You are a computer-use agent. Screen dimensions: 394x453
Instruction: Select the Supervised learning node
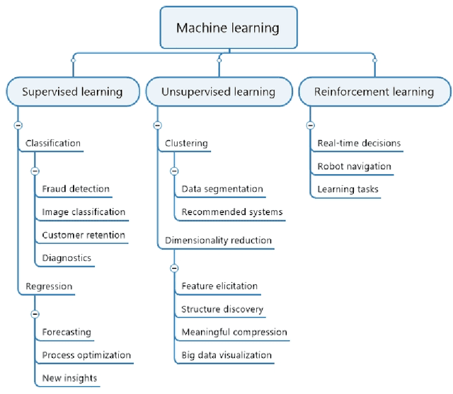(x=72, y=92)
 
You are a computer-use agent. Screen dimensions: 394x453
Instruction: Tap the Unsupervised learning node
(x=218, y=92)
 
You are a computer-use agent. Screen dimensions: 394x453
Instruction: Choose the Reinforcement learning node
(x=374, y=92)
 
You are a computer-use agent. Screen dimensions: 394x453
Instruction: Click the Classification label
(x=53, y=143)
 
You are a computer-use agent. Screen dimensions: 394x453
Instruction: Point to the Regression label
(x=49, y=286)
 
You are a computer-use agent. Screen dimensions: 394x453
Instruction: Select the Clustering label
(x=186, y=143)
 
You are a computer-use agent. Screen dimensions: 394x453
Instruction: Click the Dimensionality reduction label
(x=218, y=241)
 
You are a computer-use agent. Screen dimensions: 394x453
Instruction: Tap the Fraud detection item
(x=76, y=189)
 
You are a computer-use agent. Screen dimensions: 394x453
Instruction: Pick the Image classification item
(x=84, y=212)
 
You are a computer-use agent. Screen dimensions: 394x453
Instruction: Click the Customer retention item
(x=84, y=235)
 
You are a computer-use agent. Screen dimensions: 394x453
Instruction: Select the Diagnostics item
(x=67, y=258)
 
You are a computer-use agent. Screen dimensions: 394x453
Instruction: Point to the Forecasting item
(x=67, y=332)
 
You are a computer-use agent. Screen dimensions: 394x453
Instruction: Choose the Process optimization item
(x=86, y=355)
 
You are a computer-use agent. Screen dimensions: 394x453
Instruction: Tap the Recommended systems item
(x=231, y=212)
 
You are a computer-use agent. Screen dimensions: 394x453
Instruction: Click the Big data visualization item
(x=226, y=355)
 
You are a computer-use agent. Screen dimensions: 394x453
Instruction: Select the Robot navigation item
(x=354, y=166)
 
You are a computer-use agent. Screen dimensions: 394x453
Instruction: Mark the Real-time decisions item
(x=359, y=143)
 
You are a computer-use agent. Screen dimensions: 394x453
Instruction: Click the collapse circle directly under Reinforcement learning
(x=310, y=125)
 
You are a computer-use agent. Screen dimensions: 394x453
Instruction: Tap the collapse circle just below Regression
(x=35, y=314)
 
